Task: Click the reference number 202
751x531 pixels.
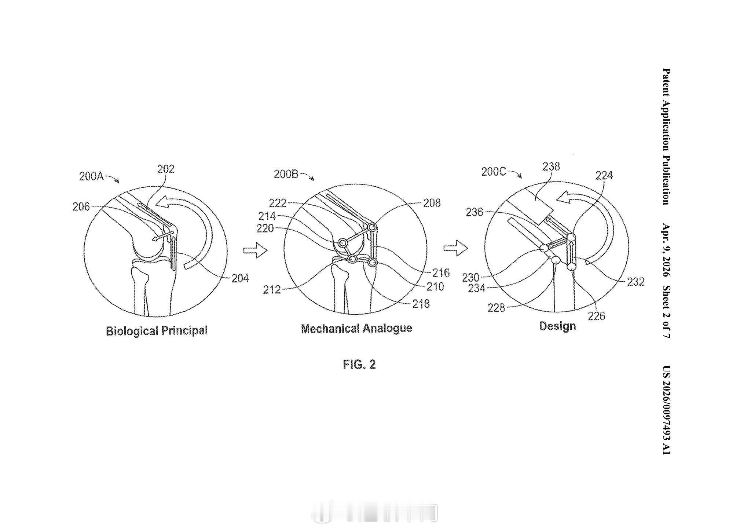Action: pyautogui.click(x=166, y=169)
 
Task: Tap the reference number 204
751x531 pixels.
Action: pyautogui.click(x=240, y=279)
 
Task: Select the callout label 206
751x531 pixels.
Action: pyautogui.click(x=81, y=207)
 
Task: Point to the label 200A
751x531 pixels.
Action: pyautogui.click(x=91, y=176)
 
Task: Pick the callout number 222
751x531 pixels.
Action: pyautogui.click(x=278, y=203)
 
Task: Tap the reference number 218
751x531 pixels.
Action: pyautogui.click(x=421, y=304)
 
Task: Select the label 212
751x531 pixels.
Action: pyautogui.click(x=272, y=290)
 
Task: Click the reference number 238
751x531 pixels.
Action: pyautogui.click(x=551, y=167)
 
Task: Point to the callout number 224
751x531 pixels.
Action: pyautogui.click(x=604, y=176)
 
